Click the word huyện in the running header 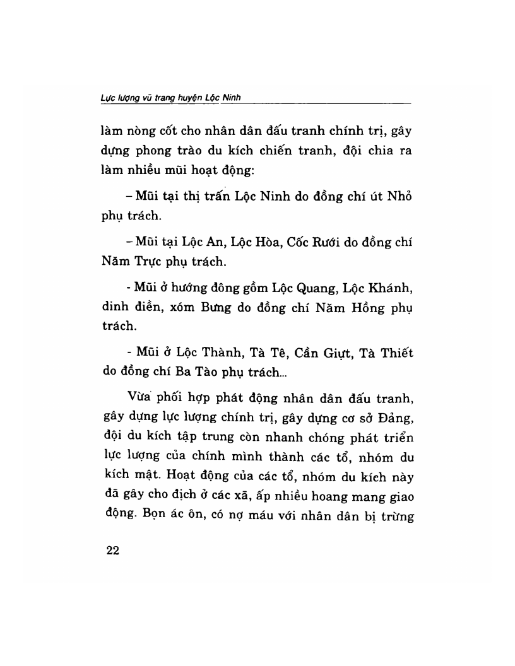(x=190, y=97)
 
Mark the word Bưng (x=211, y=309)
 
